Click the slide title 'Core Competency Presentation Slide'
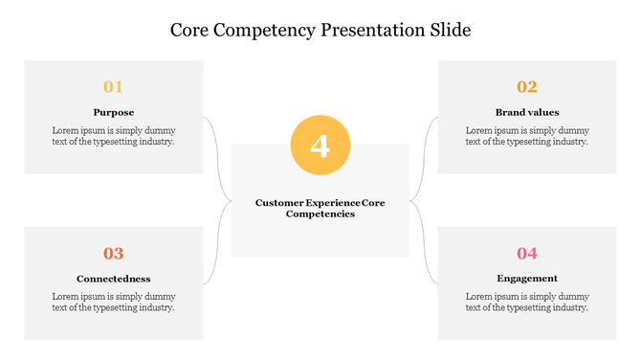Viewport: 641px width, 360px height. [x=320, y=30]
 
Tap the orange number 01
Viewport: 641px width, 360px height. [x=114, y=87]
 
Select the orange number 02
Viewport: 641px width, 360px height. [x=527, y=87]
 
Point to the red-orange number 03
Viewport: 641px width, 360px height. [x=114, y=254]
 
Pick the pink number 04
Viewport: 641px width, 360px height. [x=527, y=254]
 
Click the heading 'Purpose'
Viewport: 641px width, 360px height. [x=114, y=112]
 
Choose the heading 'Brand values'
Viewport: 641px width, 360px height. [x=527, y=112]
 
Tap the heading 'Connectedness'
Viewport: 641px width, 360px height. [x=114, y=279]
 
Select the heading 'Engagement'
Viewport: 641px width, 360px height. [x=527, y=279]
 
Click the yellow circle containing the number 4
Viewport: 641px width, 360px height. [x=320, y=146]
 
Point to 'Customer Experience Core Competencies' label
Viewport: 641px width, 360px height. [x=320, y=208]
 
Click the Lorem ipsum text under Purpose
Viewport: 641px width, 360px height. [x=114, y=136]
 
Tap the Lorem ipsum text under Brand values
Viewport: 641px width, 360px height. [x=527, y=136]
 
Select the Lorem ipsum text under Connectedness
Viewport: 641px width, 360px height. [x=114, y=302]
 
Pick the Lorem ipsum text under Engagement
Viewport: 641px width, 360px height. [x=527, y=302]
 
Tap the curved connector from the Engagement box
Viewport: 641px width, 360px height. [x=424, y=249]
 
